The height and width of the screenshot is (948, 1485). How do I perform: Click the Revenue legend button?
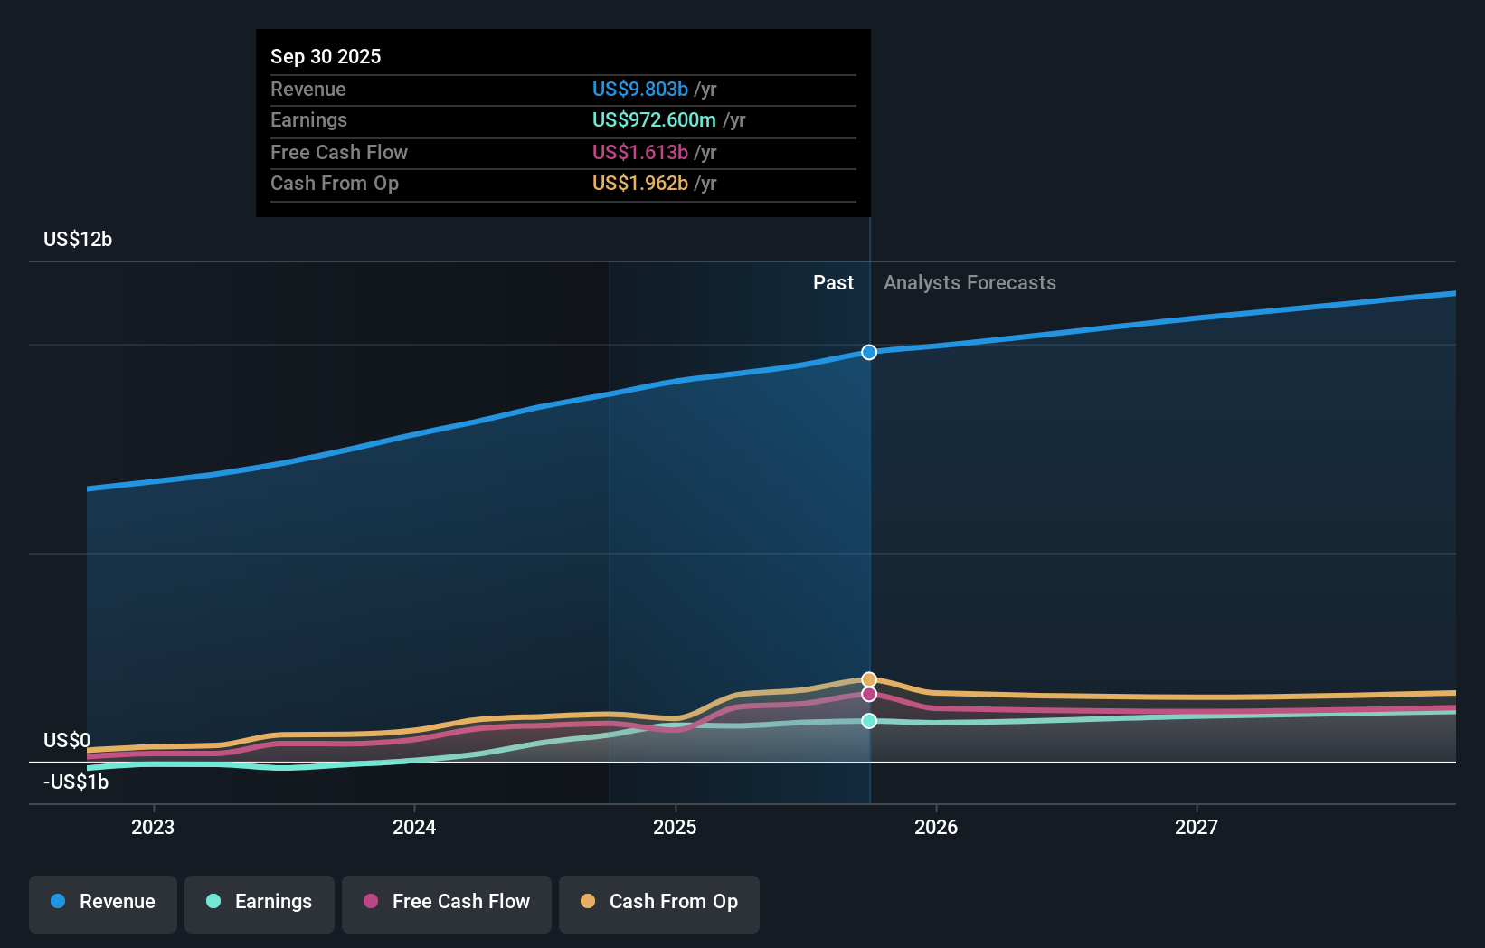click(x=103, y=902)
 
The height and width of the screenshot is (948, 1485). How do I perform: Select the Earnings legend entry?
click(x=260, y=902)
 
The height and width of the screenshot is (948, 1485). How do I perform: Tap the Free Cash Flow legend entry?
click(x=447, y=902)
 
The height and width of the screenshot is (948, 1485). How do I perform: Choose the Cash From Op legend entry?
click(x=659, y=902)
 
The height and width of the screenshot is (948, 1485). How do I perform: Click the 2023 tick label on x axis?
click(x=153, y=827)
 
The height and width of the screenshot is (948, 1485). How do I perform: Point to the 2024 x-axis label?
click(x=414, y=827)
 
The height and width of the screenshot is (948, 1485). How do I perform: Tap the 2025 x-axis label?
click(x=675, y=827)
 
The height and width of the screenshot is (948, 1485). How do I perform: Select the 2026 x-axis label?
click(x=936, y=827)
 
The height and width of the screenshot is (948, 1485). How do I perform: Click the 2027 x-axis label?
click(x=1197, y=827)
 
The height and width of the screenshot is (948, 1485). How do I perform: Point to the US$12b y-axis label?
click(x=78, y=239)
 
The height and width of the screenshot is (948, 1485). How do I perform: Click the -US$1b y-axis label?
click(x=76, y=782)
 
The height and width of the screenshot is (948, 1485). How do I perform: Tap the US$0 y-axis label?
click(x=67, y=740)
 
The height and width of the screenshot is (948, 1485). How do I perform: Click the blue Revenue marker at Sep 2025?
click(x=869, y=352)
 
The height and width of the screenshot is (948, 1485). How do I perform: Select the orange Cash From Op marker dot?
click(x=869, y=679)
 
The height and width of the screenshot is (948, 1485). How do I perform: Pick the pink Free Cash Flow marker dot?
click(x=869, y=694)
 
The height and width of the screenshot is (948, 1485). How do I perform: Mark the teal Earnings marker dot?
click(x=869, y=721)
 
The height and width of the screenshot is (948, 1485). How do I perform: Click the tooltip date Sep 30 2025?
click(x=326, y=56)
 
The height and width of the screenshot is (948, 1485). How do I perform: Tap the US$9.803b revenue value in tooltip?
click(x=640, y=89)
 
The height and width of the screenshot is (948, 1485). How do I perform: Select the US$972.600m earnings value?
click(x=654, y=119)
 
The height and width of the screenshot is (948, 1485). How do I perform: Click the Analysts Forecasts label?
click(x=970, y=282)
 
